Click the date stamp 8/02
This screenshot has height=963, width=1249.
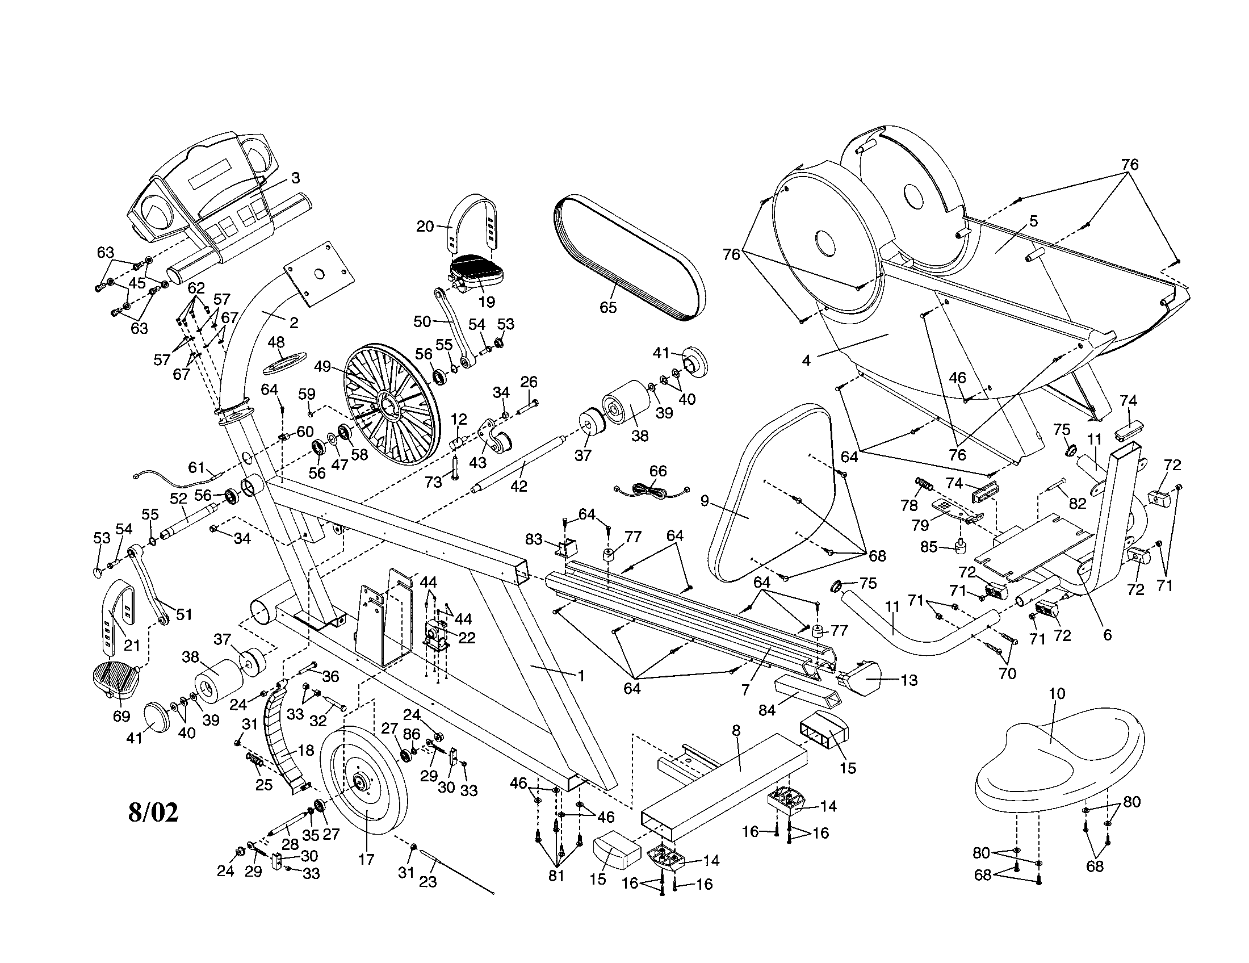[153, 812]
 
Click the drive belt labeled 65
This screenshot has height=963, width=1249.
[629, 257]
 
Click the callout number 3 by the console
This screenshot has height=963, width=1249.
[295, 178]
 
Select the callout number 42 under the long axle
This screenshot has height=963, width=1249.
[518, 486]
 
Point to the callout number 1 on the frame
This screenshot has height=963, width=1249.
[581, 676]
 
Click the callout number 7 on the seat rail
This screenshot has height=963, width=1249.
[745, 690]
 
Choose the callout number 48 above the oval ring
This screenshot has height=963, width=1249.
[276, 342]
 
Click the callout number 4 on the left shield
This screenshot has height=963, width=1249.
[806, 361]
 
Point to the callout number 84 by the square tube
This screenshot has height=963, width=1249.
[766, 710]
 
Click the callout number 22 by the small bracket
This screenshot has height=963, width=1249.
[467, 638]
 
